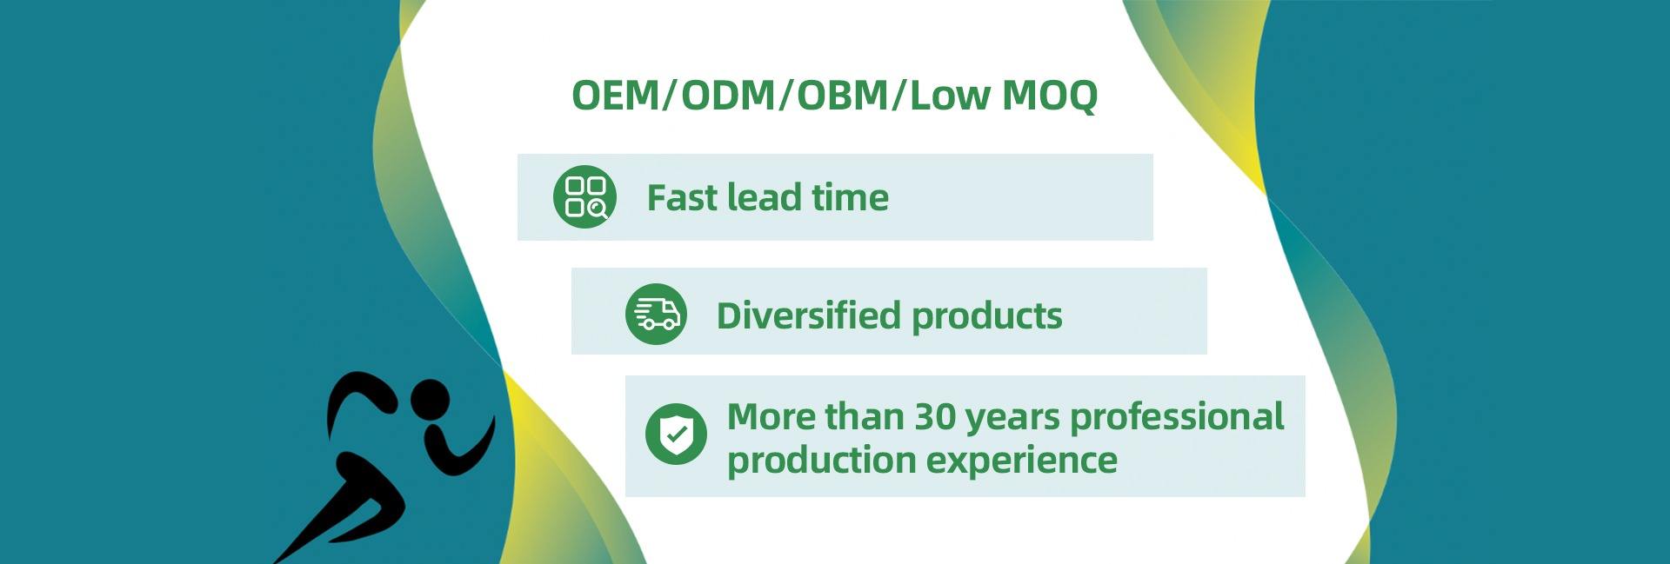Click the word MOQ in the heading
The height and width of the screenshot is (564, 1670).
tap(1050, 95)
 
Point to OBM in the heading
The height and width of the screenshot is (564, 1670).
tap(843, 95)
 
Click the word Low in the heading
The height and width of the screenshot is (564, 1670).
tap(950, 95)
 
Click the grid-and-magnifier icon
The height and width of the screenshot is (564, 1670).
tap(584, 197)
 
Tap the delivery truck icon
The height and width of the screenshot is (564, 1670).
tap(656, 314)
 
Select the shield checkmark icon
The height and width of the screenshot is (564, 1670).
tap(676, 434)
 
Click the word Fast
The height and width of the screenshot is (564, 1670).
tap(681, 198)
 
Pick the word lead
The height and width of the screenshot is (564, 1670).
tap(764, 197)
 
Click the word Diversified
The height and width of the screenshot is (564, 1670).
tap(808, 315)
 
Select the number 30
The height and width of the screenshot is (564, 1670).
tap(935, 417)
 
